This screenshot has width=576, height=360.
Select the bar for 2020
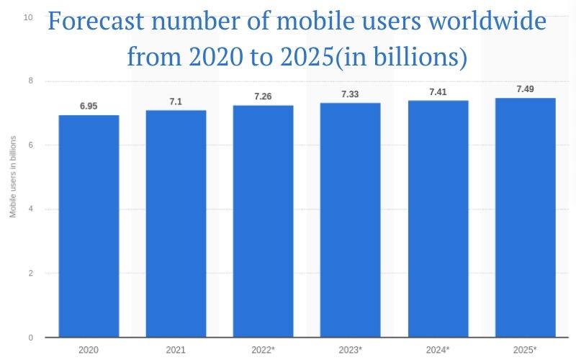point(89,226)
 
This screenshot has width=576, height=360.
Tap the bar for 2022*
point(263,221)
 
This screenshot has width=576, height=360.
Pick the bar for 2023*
point(351,220)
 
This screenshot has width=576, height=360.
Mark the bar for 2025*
point(525,217)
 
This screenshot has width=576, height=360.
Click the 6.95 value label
point(89,106)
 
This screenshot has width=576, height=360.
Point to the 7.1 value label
point(176,102)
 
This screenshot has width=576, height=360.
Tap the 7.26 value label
point(263,96)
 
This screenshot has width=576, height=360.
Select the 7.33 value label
point(351,94)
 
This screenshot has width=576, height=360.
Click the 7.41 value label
point(438,91)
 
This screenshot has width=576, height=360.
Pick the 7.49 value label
point(525,89)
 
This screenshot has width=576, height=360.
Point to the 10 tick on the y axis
point(28,17)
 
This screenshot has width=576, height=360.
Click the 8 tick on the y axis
point(30,81)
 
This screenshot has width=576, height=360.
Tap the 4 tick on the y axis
point(30,209)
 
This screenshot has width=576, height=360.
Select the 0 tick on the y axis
point(30,337)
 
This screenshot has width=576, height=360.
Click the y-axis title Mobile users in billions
point(12,177)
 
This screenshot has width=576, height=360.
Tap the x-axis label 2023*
point(351,349)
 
